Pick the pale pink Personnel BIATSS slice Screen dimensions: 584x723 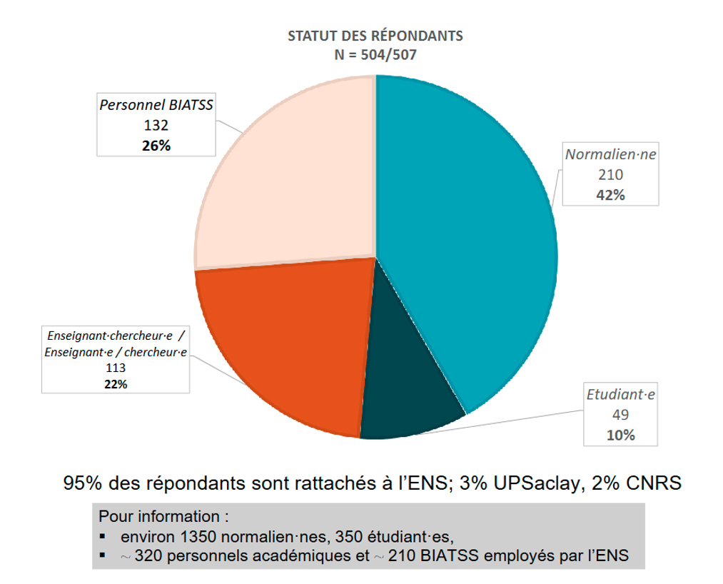click(x=293, y=178)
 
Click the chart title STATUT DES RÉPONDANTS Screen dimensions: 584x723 click(x=375, y=36)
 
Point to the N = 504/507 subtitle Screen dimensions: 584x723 click(x=375, y=53)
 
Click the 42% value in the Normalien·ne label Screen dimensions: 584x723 click(x=610, y=195)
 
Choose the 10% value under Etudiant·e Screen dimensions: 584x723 click(x=620, y=435)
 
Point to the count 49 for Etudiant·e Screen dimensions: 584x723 click(x=620, y=415)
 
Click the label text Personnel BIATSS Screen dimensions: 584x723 click(x=157, y=105)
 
